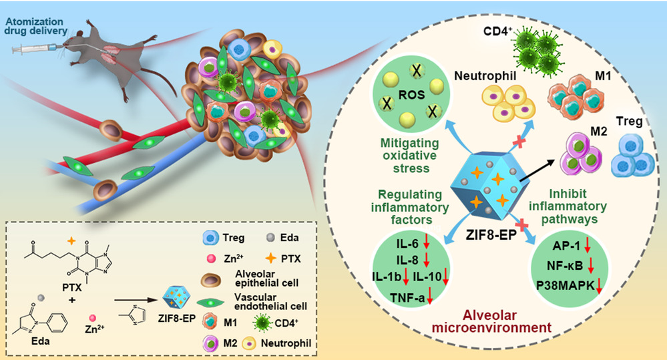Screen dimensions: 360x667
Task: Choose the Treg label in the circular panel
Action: pos(634,122)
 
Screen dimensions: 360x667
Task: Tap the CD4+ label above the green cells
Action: pos(497,31)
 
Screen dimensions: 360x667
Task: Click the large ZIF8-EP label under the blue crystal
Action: pos(484,235)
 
